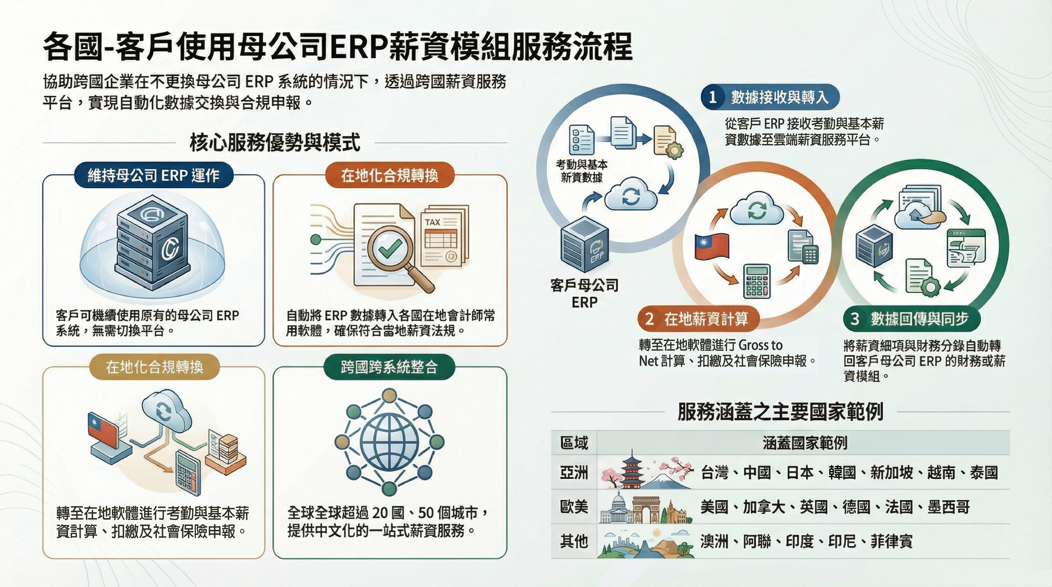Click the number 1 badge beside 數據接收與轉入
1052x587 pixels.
(713, 97)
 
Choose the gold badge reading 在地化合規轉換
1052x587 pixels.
(154, 367)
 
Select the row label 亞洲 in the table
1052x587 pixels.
(574, 473)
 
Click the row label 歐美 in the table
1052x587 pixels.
(574, 507)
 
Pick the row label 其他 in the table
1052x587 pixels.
(574, 541)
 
